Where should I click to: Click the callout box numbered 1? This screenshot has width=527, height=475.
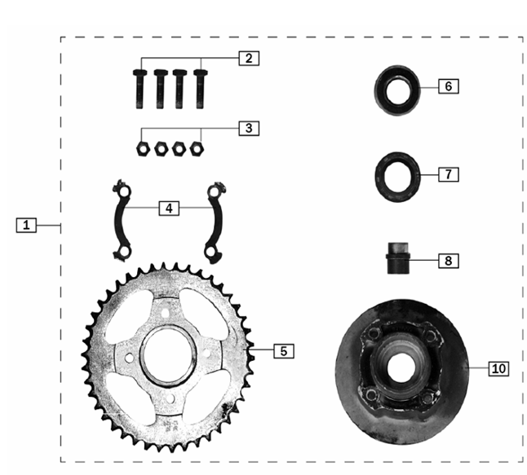pyautogui.click(x=26, y=225)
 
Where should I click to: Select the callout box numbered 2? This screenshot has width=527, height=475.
pyautogui.click(x=249, y=58)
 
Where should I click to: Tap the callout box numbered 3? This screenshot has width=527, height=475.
pyautogui.click(x=249, y=128)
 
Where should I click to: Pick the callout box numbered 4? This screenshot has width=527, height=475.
pyautogui.click(x=169, y=209)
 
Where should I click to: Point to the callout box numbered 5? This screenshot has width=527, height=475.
pyautogui.click(x=284, y=351)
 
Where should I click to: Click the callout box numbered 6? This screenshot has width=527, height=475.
pyautogui.click(x=449, y=86)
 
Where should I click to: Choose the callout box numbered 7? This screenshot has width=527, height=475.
pyautogui.click(x=449, y=174)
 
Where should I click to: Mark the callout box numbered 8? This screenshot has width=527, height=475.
pyautogui.click(x=449, y=261)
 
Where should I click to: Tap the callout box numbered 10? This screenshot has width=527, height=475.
pyautogui.click(x=498, y=368)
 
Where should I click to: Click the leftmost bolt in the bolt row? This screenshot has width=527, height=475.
pyautogui.click(x=139, y=89)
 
